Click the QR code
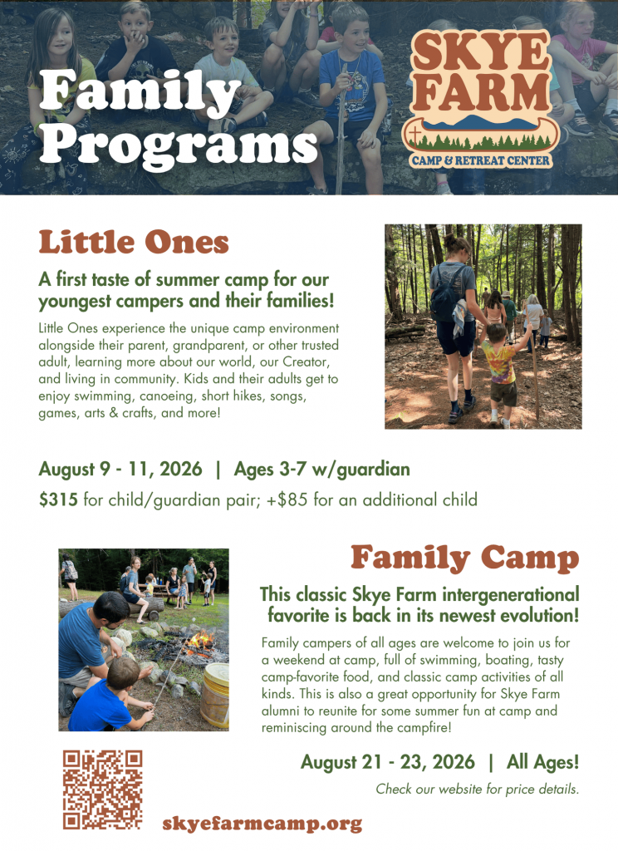coord(102,790)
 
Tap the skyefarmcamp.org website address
coord(262,824)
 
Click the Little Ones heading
coord(134,242)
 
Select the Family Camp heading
coord(465,558)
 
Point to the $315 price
coord(58,499)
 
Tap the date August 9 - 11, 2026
coord(120,469)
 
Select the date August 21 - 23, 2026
coord(388,762)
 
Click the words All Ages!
coord(543,762)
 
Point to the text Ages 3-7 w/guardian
coord(321,470)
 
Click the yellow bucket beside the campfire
coord(215,696)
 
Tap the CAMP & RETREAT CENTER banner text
coord(481,160)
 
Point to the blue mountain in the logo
coord(479,121)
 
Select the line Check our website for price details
coord(478,790)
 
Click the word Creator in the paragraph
coord(305,362)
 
